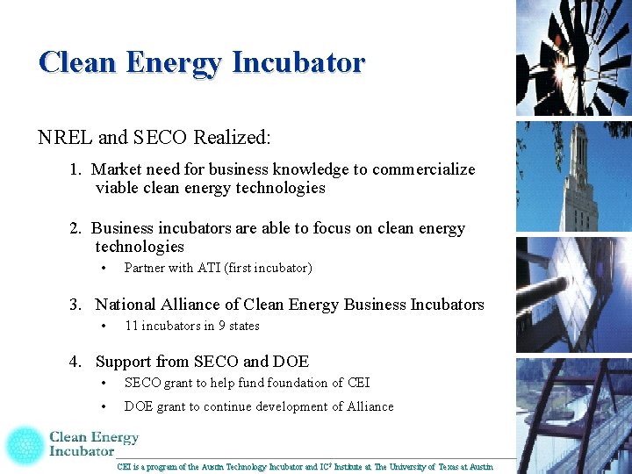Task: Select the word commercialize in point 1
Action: (x=424, y=169)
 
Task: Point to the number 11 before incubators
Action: (x=131, y=326)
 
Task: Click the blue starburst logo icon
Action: (x=25, y=445)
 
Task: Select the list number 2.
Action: (x=75, y=228)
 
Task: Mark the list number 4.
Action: (x=75, y=362)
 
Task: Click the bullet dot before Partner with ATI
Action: (x=104, y=268)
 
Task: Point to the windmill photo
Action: (x=573, y=57)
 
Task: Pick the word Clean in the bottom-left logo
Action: (x=68, y=437)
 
